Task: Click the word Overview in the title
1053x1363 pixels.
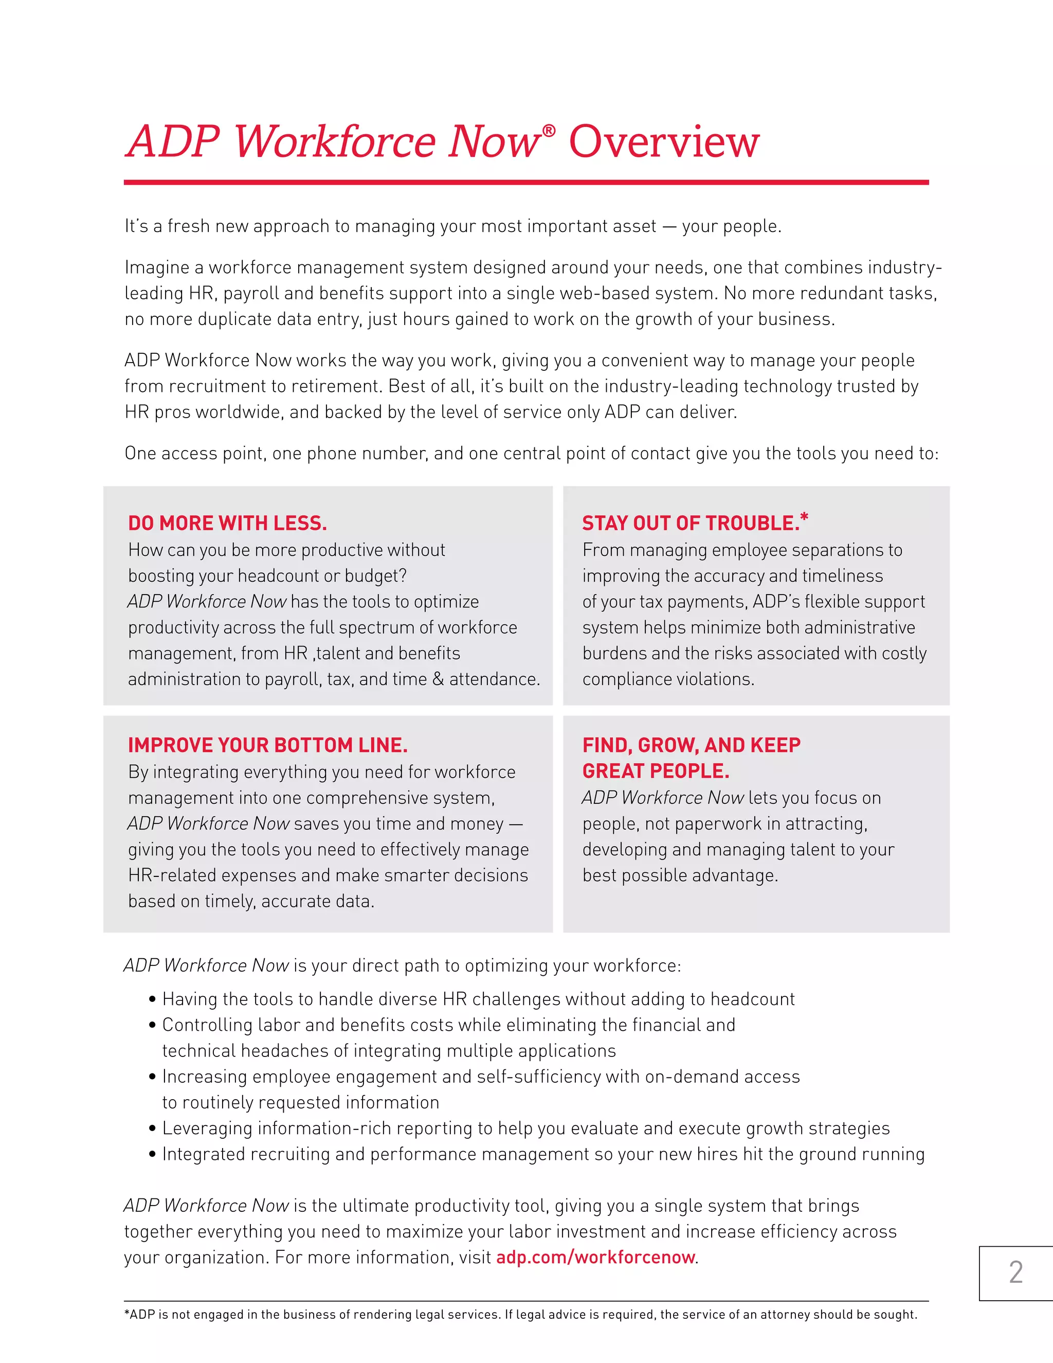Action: [x=664, y=142]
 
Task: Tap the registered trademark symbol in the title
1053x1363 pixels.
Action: [x=548, y=130]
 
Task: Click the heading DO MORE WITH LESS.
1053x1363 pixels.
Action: [x=227, y=523]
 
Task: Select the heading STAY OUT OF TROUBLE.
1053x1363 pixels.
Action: [x=691, y=523]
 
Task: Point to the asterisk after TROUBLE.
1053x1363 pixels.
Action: [x=804, y=517]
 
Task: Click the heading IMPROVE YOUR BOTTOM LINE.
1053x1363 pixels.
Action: [x=267, y=745]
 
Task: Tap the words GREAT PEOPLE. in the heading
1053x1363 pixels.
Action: [x=656, y=772]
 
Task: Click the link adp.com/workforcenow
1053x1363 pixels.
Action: [x=595, y=1257]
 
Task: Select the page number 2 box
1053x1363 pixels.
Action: [x=1015, y=1273]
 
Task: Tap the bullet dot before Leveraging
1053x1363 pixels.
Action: [x=152, y=1128]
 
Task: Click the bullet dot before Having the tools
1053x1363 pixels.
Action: [x=152, y=999]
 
